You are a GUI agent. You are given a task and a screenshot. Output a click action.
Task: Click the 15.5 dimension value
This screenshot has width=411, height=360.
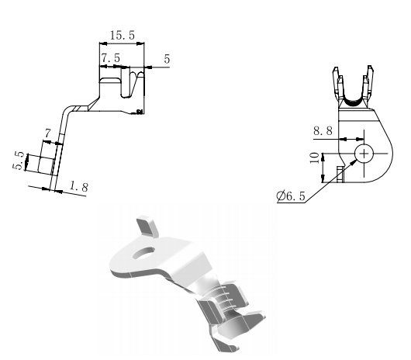click(123, 35)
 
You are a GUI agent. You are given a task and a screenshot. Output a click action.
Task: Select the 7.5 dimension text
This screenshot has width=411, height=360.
click(111, 57)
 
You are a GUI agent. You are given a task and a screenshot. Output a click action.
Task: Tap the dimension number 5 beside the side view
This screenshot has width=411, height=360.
click(167, 59)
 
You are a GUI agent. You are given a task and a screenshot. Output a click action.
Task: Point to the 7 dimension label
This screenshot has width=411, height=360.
click(47, 133)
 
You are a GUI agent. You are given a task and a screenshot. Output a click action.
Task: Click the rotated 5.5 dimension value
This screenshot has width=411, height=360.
click(19, 161)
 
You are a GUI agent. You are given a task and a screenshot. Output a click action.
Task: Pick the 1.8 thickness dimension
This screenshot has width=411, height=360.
click(79, 187)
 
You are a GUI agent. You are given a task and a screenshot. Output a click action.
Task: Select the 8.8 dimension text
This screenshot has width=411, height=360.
click(323, 130)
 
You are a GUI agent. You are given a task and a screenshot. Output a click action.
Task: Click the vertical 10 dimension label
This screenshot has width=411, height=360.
click(315, 157)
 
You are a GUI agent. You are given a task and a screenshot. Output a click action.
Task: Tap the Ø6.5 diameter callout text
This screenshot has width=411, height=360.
click(291, 196)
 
